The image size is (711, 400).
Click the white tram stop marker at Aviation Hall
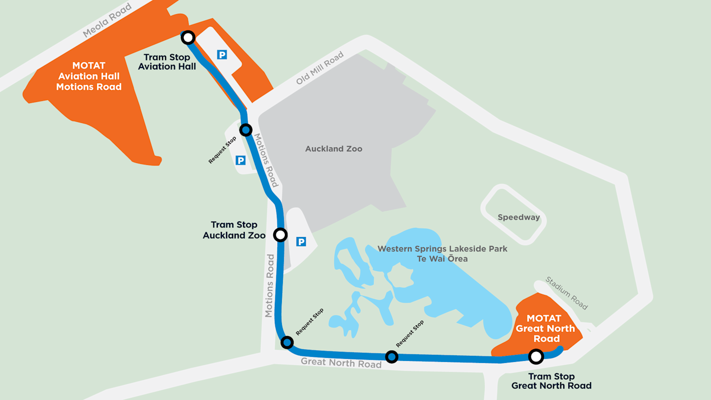coord(188,37)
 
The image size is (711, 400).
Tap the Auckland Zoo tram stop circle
coord(280,235)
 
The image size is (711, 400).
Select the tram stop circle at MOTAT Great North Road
coord(535,356)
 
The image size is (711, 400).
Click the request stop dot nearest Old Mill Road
coord(246,130)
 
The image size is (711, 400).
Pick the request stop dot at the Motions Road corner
coord(287,343)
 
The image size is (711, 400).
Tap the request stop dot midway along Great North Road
coord(391,357)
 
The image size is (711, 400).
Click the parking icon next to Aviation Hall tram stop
coord(222,54)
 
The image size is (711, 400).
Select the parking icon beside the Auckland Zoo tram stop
coord(301,242)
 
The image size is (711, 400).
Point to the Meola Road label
coord(107,20)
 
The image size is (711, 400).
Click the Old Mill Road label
coord(320,68)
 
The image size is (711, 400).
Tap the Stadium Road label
coord(567,293)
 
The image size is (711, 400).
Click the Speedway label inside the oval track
coord(519,217)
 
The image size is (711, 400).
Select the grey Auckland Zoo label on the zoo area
coord(334,149)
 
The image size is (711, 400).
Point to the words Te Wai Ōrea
coord(442,259)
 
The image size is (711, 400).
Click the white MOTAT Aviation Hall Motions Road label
coord(89,77)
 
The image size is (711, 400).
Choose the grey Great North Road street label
coord(341,362)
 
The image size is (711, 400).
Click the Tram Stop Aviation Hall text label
coord(167,62)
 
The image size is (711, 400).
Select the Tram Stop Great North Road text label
coord(551,381)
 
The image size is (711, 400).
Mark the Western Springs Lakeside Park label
coord(442,249)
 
